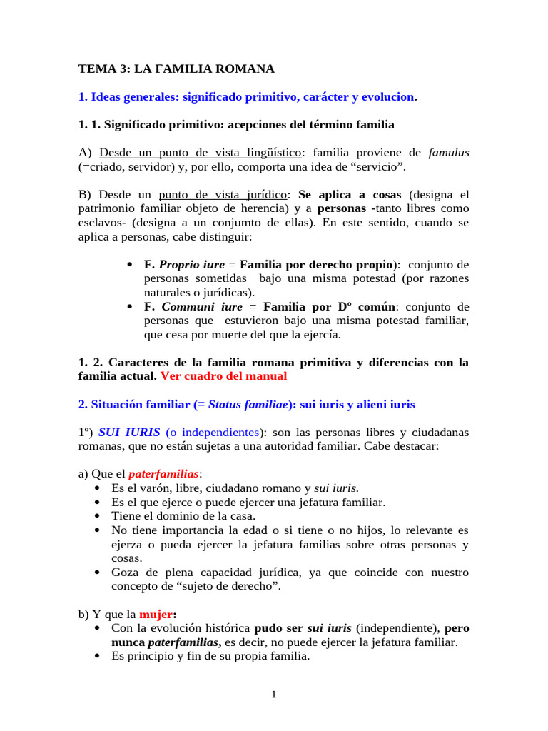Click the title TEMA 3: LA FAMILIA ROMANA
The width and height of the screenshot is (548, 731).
click(x=176, y=69)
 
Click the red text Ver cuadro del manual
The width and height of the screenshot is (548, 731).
click(x=223, y=375)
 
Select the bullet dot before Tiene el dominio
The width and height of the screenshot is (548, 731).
click(x=97, y=515)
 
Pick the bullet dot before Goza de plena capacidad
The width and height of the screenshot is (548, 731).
click(x=97, y=573)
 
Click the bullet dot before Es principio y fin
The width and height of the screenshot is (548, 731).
click(x=97, y=656)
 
